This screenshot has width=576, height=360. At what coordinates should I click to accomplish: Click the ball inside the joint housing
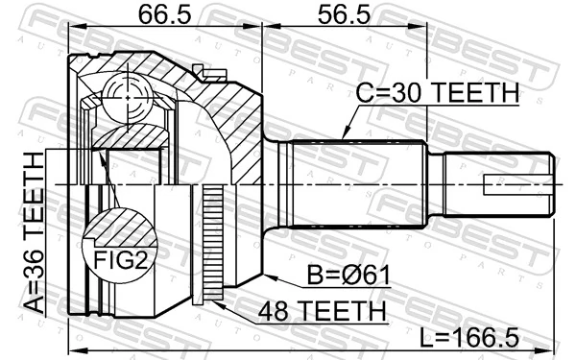126,97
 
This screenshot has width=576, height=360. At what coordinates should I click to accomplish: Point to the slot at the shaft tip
518,183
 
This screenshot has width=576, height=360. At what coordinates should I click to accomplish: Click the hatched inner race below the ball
129,134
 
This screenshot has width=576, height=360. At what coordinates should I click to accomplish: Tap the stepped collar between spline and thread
434,182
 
